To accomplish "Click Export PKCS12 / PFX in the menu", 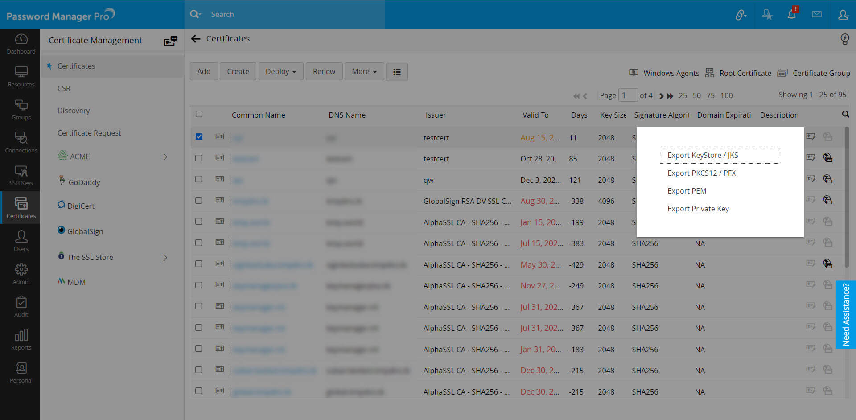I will point(701,173).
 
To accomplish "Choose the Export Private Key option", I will point(698,209).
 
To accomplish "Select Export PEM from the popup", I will point(687,191).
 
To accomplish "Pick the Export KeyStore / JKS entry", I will point(703,155).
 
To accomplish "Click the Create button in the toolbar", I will point(238,71).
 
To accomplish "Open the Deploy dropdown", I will point(280,71).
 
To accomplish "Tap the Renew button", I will point(324,71).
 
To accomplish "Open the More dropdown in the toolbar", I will point(364,71).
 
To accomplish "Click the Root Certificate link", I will point(745,73).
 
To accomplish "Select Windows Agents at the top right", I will point(671,73).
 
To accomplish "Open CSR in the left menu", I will point(64,88).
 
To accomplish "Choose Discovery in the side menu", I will point(74,111).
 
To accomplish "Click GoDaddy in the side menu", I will point(84,182).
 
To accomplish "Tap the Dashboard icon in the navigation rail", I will point(21,44).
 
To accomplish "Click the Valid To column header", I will point(535,115).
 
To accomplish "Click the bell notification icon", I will point(791,14).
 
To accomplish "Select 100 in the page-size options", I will point(726,95).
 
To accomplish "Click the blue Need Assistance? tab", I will point(845,314).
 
